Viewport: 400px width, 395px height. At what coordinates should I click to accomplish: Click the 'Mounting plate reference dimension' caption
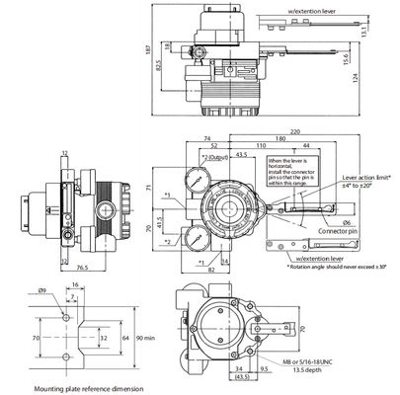pyautogui.click(x=78, y=389)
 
